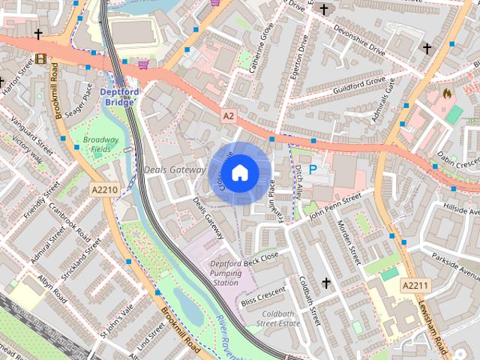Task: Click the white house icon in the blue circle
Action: pos(238,173)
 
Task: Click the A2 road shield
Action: pos(229,115)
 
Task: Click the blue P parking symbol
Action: pos(313,171)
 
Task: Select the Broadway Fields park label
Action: pos(100,144)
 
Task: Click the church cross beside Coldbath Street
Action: pos(325,283)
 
